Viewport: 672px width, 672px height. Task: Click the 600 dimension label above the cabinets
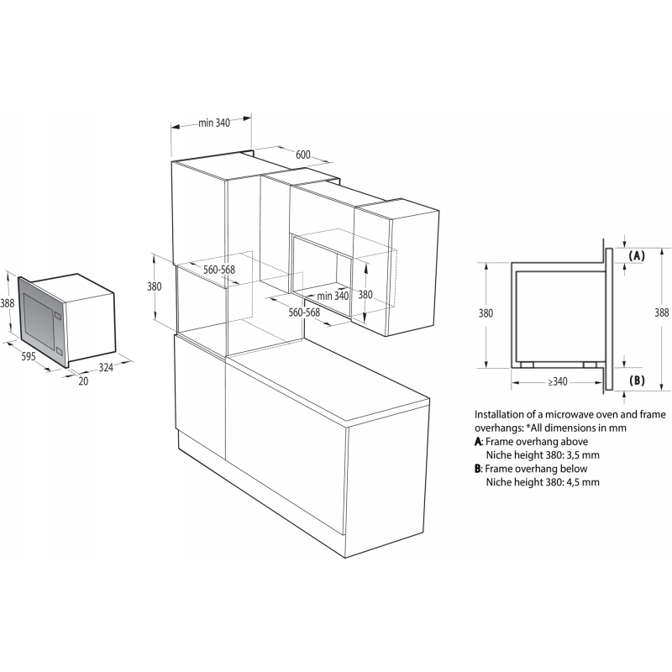pos(302,155)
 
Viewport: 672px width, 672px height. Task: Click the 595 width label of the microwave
pos(29,355)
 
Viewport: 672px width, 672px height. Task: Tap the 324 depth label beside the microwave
pos(106,367)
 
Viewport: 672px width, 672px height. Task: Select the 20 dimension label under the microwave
pos(83,381)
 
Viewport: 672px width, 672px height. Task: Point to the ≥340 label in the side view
pos(557,381)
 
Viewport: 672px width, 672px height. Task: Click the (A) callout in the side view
pos(637,256)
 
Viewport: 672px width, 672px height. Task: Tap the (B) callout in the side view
pos(637,381)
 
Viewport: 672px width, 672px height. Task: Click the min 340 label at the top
pos(214,123)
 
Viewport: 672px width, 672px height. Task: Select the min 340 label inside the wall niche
pos(333,296)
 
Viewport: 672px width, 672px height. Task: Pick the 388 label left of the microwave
pos(7,303)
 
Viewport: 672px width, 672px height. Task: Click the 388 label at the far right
pos(661,312)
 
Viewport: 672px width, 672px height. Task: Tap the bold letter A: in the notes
pos(479,442)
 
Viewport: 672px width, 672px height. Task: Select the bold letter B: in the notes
pos(479,469)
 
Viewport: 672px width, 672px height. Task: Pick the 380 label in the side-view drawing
pos(486,313)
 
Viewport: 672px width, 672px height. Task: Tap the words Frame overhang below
pos(536,469)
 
